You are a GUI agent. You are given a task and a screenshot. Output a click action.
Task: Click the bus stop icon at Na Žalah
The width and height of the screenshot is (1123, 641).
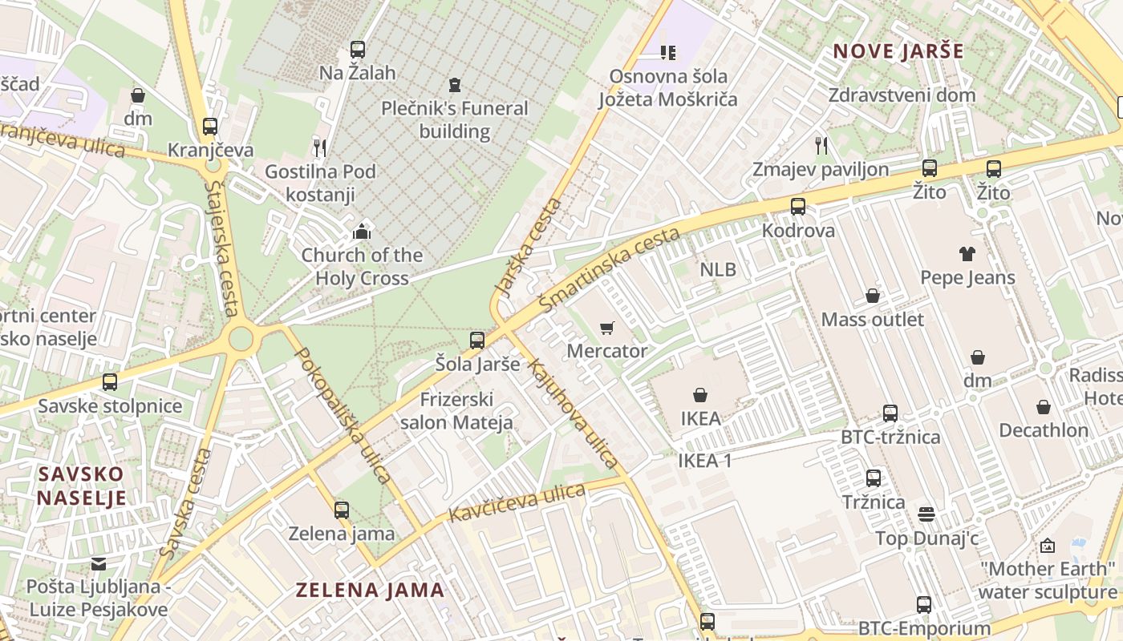pyautogui.click(x=358, y=49)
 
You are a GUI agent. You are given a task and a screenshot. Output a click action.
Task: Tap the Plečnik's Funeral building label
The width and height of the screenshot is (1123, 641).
pyautogui.click(x=455, y=119)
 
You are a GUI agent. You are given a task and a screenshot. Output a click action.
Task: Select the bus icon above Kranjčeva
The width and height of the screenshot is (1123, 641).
pyautogui.click(x=210, y=126)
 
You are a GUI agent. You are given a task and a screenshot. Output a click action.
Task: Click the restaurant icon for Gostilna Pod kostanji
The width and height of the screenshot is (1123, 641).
pyautogui.click(x=319, y=147)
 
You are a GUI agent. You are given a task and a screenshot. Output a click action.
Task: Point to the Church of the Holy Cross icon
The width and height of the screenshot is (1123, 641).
pyautogui.click(x=362, y=232)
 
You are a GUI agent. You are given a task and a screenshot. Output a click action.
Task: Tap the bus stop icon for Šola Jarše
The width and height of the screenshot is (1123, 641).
pyautogui.click(x=477, y=341)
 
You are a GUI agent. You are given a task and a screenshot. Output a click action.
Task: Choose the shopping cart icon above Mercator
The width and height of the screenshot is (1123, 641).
pyautogui.click(x=606, y=328)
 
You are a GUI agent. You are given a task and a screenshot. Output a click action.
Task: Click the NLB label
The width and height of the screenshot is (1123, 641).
pyautogui.click(x=718, y=269)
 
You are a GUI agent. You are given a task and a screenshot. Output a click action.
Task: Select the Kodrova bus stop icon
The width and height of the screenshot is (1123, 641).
pyautogui.click(x=798, y=207)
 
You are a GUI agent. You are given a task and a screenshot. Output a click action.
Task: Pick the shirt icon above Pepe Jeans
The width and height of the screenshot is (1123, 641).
pyautogui.click(x=967, y=254)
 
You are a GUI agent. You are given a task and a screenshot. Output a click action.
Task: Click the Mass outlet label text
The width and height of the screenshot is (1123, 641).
pyautogui.click(x=873, y=320)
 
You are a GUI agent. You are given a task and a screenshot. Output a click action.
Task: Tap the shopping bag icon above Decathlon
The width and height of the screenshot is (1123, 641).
pyautogui.click(x=1044, y=407)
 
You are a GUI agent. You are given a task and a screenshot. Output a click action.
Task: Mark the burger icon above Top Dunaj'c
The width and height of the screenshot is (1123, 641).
pyautogui.click(x=926, y=514)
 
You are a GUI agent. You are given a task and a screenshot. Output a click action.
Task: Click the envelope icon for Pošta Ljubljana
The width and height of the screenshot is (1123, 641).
pyautogui.click(x=99, y=564)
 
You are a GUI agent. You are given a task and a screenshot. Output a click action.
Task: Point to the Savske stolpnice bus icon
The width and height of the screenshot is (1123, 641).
pyautogui.click(x=110, y=382)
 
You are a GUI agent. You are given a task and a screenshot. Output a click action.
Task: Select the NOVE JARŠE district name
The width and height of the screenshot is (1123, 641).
pyautogui.click(x=898, y=51)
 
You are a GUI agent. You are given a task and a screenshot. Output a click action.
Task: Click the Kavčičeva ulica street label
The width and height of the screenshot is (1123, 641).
pyautogui.click(x=517, y=503)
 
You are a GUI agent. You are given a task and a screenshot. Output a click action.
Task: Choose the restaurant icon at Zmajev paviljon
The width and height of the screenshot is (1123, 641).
pyautogui.click(x=821, y=145)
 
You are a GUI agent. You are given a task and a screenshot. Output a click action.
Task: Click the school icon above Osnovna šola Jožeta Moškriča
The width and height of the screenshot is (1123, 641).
pyautogui.click(x=667, y=53)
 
